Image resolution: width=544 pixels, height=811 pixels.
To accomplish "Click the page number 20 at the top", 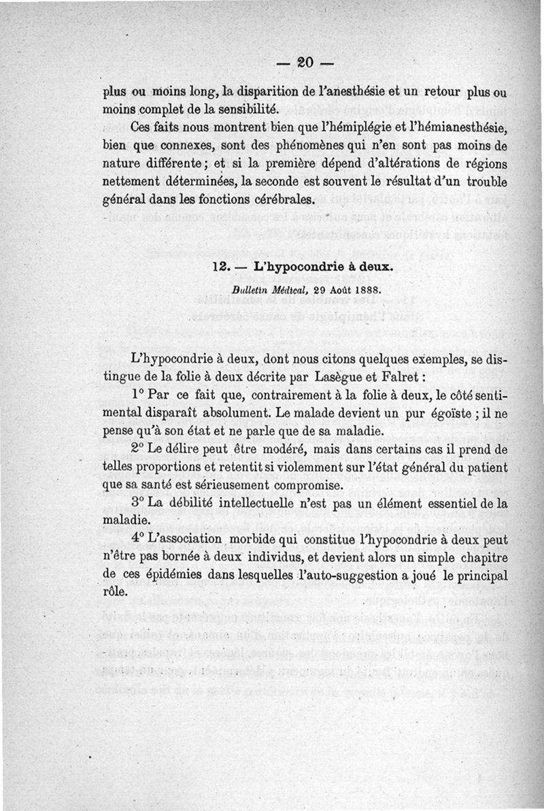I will tap(303, 63).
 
